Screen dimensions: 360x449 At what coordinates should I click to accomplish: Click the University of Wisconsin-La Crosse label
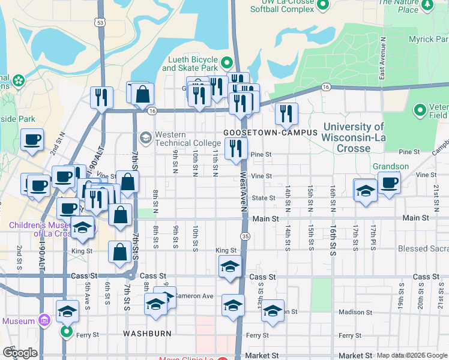(x=353, y=137)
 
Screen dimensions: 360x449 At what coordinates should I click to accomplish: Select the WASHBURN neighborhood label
(x=147, y=333)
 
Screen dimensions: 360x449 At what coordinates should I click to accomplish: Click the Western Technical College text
(x=179, y=139)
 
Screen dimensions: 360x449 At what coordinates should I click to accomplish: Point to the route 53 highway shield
(x=99, y=22)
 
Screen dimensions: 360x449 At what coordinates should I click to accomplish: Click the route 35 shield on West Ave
(x=246, y=236)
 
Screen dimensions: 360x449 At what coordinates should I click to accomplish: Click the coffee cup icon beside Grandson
(x=389, y=182)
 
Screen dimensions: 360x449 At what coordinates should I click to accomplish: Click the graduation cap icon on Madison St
(x=273, y=310)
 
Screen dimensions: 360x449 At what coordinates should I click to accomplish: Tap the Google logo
(x=20, y=352)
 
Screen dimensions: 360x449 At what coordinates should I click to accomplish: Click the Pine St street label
(x=262, y=154)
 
